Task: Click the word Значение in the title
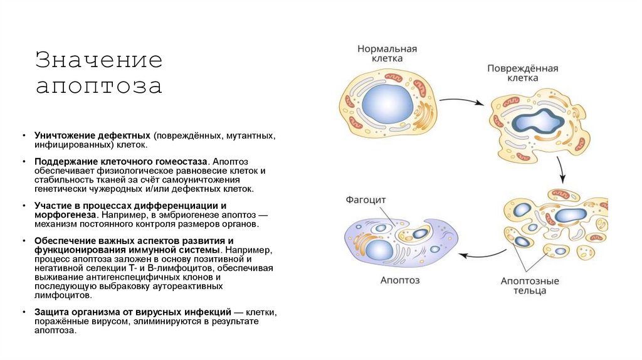[x=98, y=60]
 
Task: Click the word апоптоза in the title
[x=98, y=86]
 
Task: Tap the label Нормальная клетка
[x=387, y=53]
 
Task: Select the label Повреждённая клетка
[x=523, y=73]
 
